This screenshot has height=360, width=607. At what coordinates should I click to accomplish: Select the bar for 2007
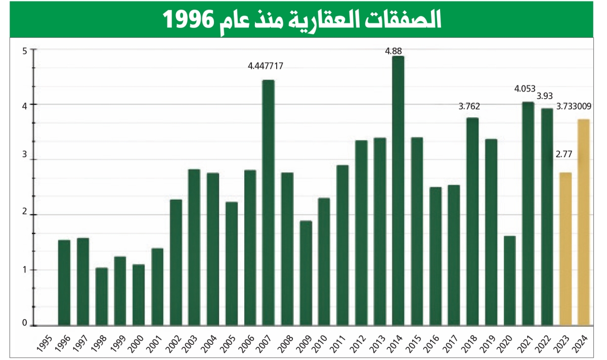[x=268, y=202]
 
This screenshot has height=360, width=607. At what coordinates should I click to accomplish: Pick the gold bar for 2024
[x=584, y=222]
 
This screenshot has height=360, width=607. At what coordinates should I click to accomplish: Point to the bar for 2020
[x=509, y=280]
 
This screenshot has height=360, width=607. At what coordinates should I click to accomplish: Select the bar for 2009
[x=306, y=273]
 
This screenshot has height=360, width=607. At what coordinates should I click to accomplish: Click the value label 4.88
[x=394, y=51]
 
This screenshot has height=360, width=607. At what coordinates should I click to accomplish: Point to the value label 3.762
[x=469, y=107]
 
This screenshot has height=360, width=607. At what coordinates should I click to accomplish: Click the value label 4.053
[x=525, y=89]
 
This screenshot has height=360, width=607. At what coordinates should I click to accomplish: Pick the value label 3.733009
[x=581, y=107]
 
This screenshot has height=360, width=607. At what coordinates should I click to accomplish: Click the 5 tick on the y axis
[x=25, y=50]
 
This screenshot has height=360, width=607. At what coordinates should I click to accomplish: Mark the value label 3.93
[x=545, y=96]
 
